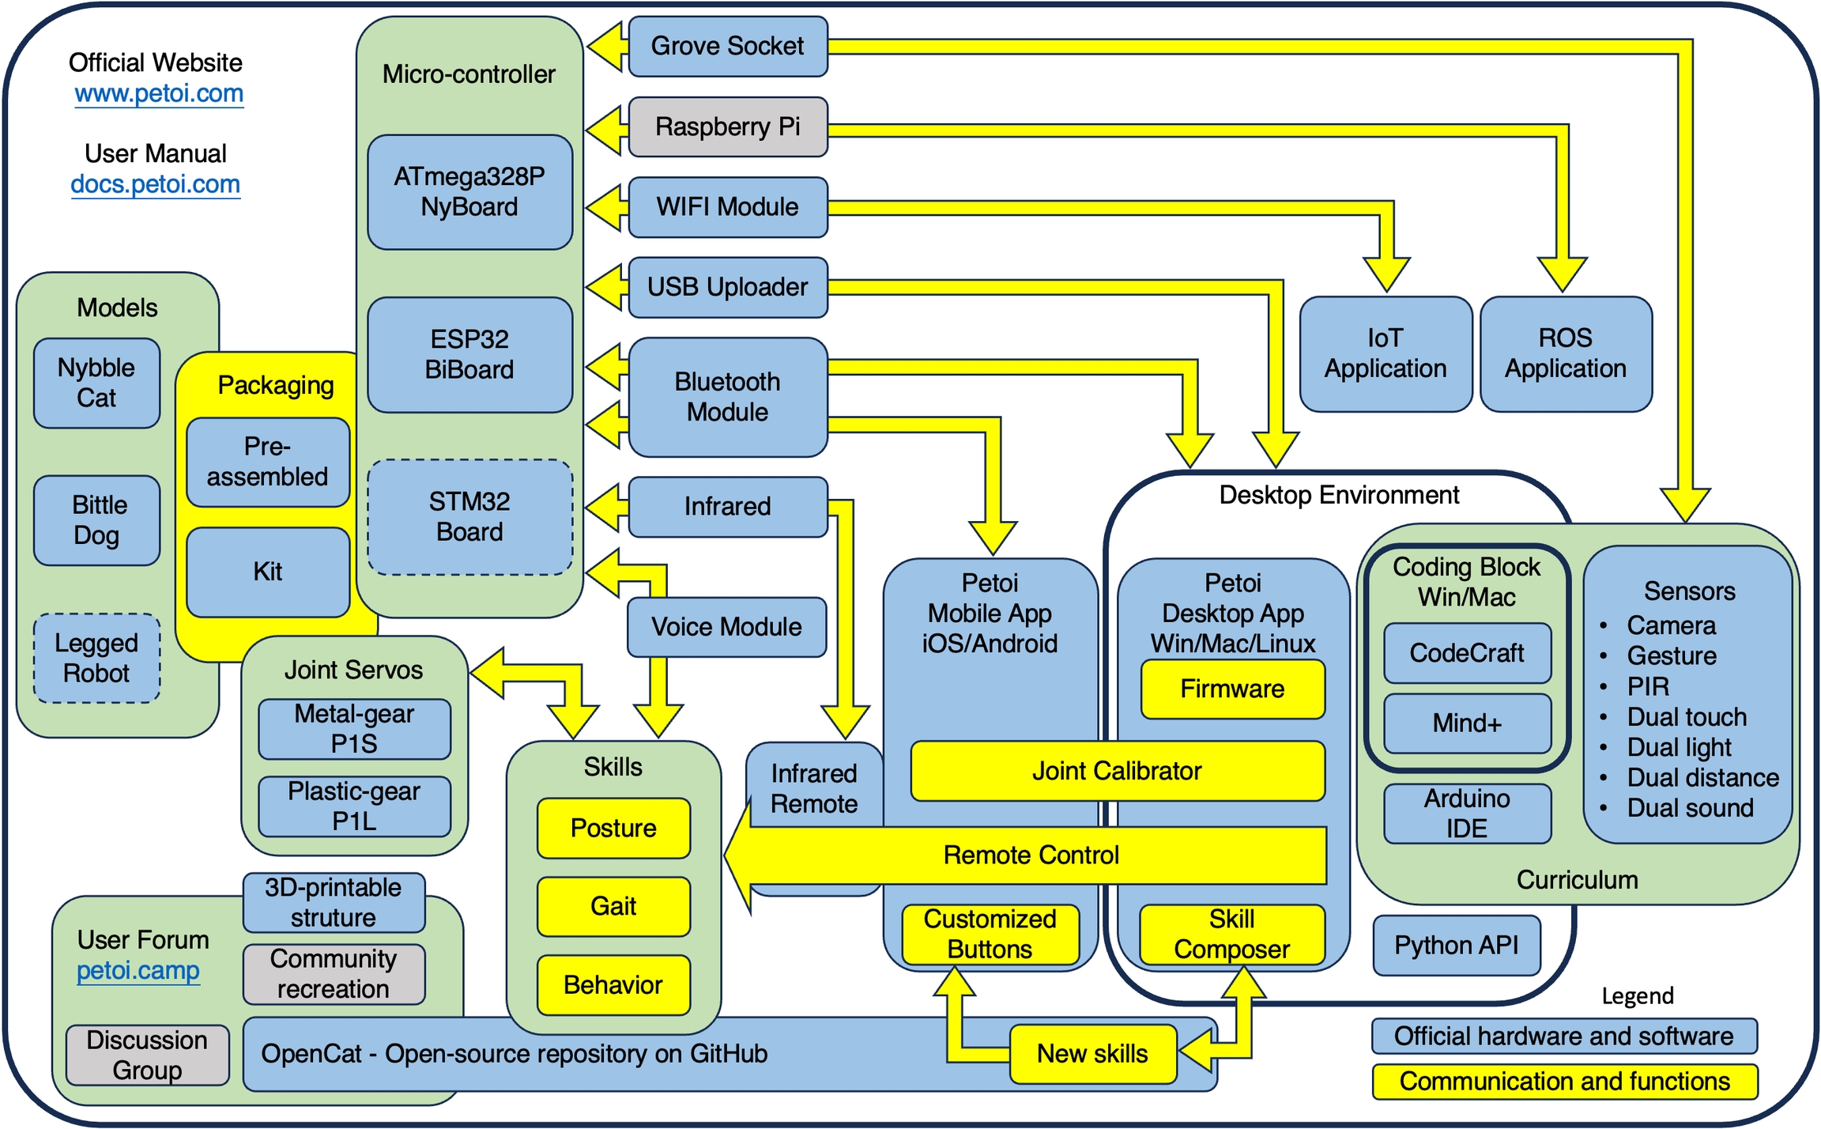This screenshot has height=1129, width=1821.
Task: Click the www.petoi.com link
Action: point(159,93)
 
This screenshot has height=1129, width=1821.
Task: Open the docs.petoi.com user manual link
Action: point(156,184)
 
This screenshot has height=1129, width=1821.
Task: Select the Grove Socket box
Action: point(728,46)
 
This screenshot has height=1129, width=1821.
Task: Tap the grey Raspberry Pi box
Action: point(728,126)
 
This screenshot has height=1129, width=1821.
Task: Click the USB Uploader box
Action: point(728,287)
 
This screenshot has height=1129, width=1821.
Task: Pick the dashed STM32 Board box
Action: point(469,516)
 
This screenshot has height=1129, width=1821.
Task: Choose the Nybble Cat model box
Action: point(96,383)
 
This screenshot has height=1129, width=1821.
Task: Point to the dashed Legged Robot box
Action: point(96,658)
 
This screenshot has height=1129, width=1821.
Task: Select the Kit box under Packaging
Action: point(268,572)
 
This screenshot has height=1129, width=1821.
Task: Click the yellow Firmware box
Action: point(1232,689)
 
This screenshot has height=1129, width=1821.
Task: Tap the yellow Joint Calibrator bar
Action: point(1117,771)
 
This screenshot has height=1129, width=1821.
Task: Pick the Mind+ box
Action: point(1467,723)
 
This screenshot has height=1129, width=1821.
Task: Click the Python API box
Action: point(1457,946)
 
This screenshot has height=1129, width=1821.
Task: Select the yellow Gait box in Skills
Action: point(613,906)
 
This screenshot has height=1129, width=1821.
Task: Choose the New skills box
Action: point(1092,1054)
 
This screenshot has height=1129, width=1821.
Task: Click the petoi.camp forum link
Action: point(138,971)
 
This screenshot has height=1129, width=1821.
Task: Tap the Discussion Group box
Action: point(147,1055)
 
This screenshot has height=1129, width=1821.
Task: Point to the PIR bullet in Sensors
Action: point(1648,686)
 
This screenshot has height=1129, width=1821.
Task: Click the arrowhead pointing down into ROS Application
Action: point(1563,274)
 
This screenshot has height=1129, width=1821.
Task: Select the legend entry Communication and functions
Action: point(1564,1082)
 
